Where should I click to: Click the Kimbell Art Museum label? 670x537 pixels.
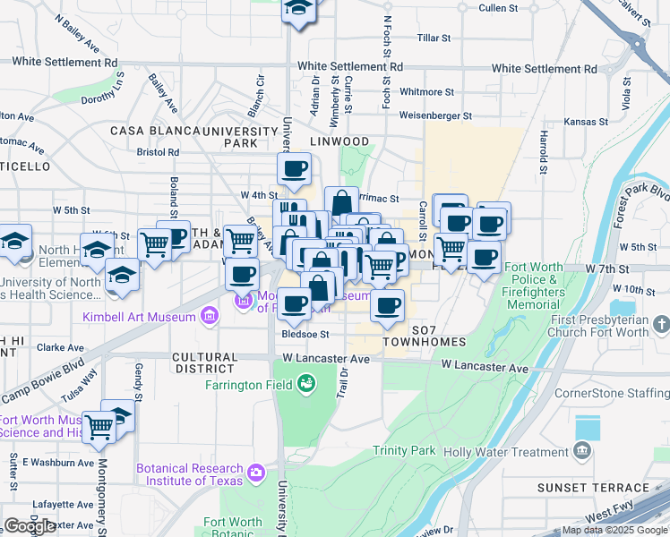tap(138, 317)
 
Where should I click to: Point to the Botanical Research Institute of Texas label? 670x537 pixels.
tap(189, 474)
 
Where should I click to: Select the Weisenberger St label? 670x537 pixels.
tap(434, 115)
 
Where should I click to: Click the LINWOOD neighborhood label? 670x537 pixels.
tap(339, 141)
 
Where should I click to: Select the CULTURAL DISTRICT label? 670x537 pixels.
tap(205, 362)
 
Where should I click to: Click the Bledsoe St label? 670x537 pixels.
tap(305, 334)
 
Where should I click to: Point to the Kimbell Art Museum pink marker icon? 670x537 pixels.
tap(209, 315)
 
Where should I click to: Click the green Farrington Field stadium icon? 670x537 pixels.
tap(307, 383)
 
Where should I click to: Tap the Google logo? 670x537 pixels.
tap(30, 526)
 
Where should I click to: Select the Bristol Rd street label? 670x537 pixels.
tap(158, 152)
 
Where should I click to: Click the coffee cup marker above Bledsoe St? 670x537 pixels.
tap(294, 304)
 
